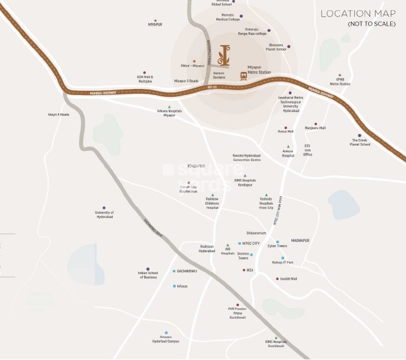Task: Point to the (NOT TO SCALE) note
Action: (371, 24)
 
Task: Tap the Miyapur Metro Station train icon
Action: (243, 76)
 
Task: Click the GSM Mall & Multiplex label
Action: (145, 79)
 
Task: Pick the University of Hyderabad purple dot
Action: (104, 208)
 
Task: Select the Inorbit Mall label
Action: (288, 278)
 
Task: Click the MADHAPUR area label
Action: (300, 240)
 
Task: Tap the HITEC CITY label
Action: (251, 243)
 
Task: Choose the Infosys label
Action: (181, 286)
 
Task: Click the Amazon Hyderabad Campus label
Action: (165, 339)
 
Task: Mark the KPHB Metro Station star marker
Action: (340, 75)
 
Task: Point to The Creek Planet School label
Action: (360, 143)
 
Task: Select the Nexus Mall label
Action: (286, 131)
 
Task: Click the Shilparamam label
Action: (256, 233)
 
